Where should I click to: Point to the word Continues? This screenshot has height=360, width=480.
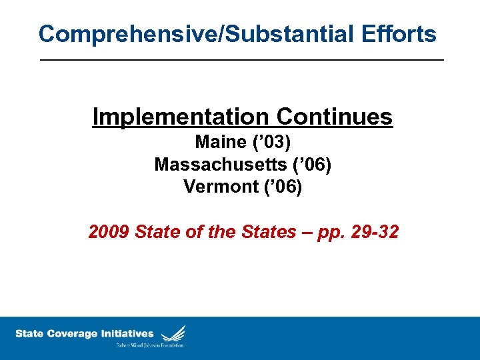[x=333, y=117]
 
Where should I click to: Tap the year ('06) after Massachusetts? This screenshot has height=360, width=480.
[x=311, y=164]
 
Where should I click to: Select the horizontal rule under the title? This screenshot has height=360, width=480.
[x=241, y=60]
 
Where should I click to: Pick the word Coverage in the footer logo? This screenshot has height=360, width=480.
[x=73, y=333]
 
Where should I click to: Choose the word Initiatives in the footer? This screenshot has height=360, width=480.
[x=127, y=333]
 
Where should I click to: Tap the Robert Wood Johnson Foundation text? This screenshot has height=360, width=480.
[x=150, y=345]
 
